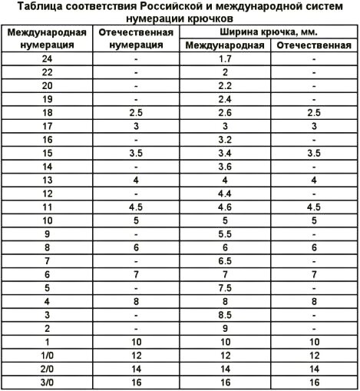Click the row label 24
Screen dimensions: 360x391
(x=47, y=58)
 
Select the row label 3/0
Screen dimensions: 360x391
(x=47, y=380)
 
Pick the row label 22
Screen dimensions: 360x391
(x=47, y=71)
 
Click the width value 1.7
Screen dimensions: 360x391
(x=226, y=58)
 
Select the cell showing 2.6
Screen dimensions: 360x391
(x=226, y=112)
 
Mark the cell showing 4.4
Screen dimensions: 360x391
(x=226, y=193)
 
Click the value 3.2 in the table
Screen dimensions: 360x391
(x=226, y=139)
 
